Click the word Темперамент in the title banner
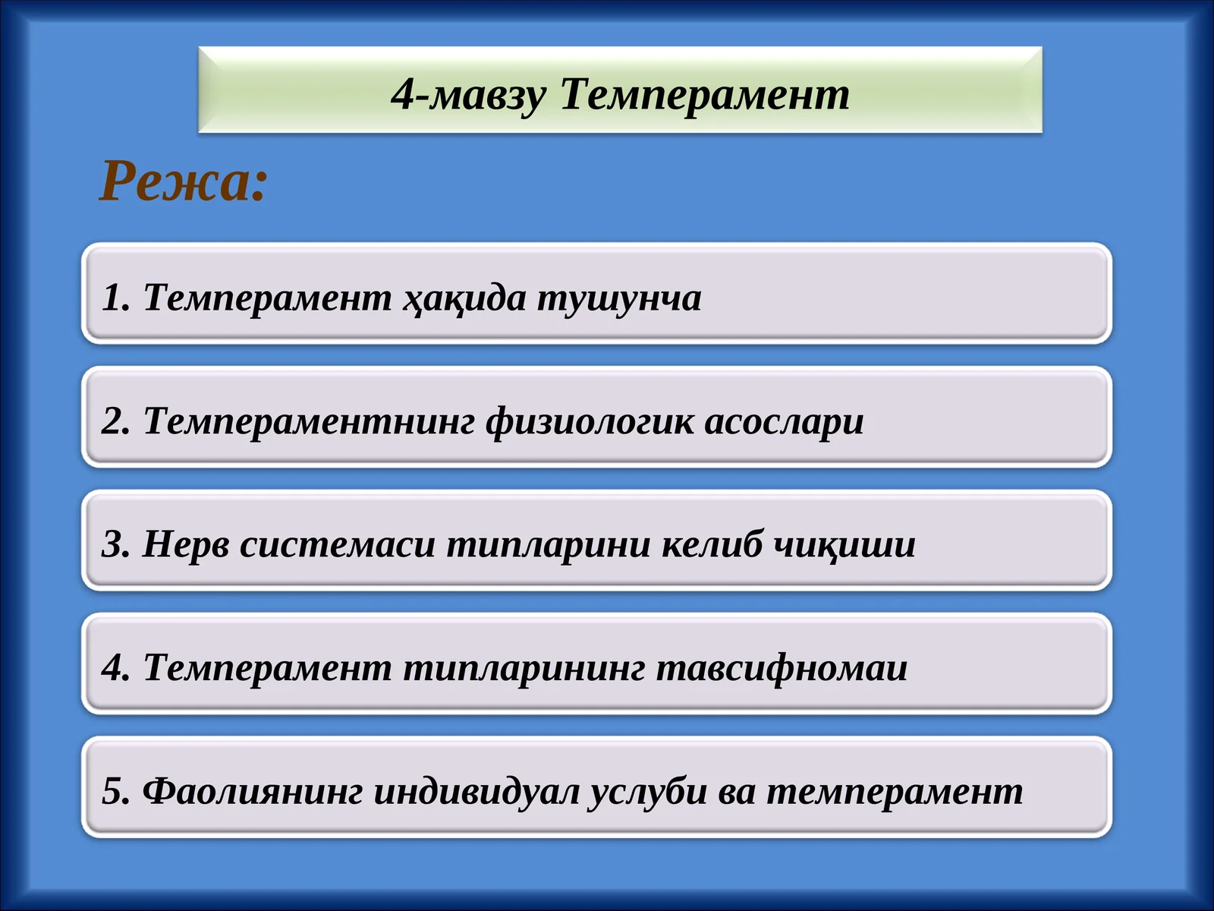pos(705,95)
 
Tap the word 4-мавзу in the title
pos(468,95)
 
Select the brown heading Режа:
pos(184,182)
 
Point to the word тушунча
pos(619,297)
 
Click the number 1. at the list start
pos(116,297)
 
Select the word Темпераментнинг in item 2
pos(309,421)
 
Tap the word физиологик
pos(590,421)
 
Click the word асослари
pos(784,421)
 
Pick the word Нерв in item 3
pos(186,544)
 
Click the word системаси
pos(338,544)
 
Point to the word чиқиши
pos(844,544)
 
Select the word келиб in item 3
pos(711,544)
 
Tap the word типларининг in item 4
pos(524,668)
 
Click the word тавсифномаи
pos(782,668)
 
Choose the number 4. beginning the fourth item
pos(116,668)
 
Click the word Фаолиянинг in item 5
pos(253,791)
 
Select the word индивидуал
pos(477,791)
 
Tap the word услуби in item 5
pos(648,791)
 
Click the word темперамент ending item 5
pos(895,791)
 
